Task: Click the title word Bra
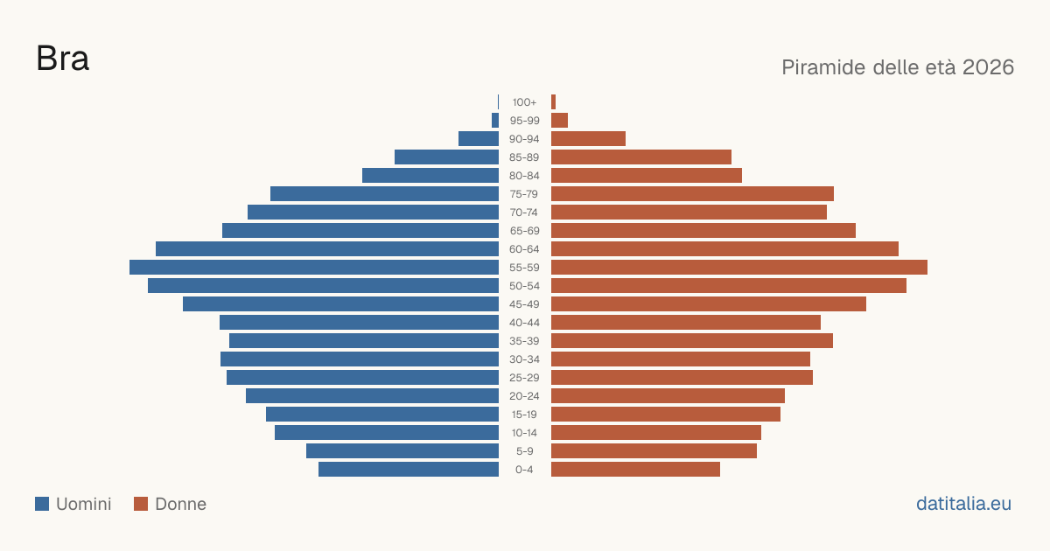(x=62, y=59)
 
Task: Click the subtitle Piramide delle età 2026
(x=898, y=67)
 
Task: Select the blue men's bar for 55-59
(x=314, y=267)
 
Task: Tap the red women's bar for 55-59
(x=739, y=267)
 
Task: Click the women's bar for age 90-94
(x=588, y=139)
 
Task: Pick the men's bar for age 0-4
(x=409, y=470)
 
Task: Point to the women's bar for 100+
(x=554, y=102)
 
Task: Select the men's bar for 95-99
(x=495, y=121)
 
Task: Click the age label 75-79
(x=524, y=194)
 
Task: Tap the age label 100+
(x=524, y=102)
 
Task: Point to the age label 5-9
(x=524, y=451)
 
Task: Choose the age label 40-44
(x=524, y=323)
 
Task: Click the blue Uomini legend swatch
(x=42, y=504)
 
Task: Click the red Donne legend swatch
(x=141, y=504)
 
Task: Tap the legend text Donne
(x=181, y=504)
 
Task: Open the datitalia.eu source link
(x=963, y=504)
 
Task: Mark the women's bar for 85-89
(x=641, y=157)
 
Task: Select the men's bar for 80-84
(x=430, y=175)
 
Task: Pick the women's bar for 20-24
(x=668, y=396)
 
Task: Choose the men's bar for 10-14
(x=387, y=432)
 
